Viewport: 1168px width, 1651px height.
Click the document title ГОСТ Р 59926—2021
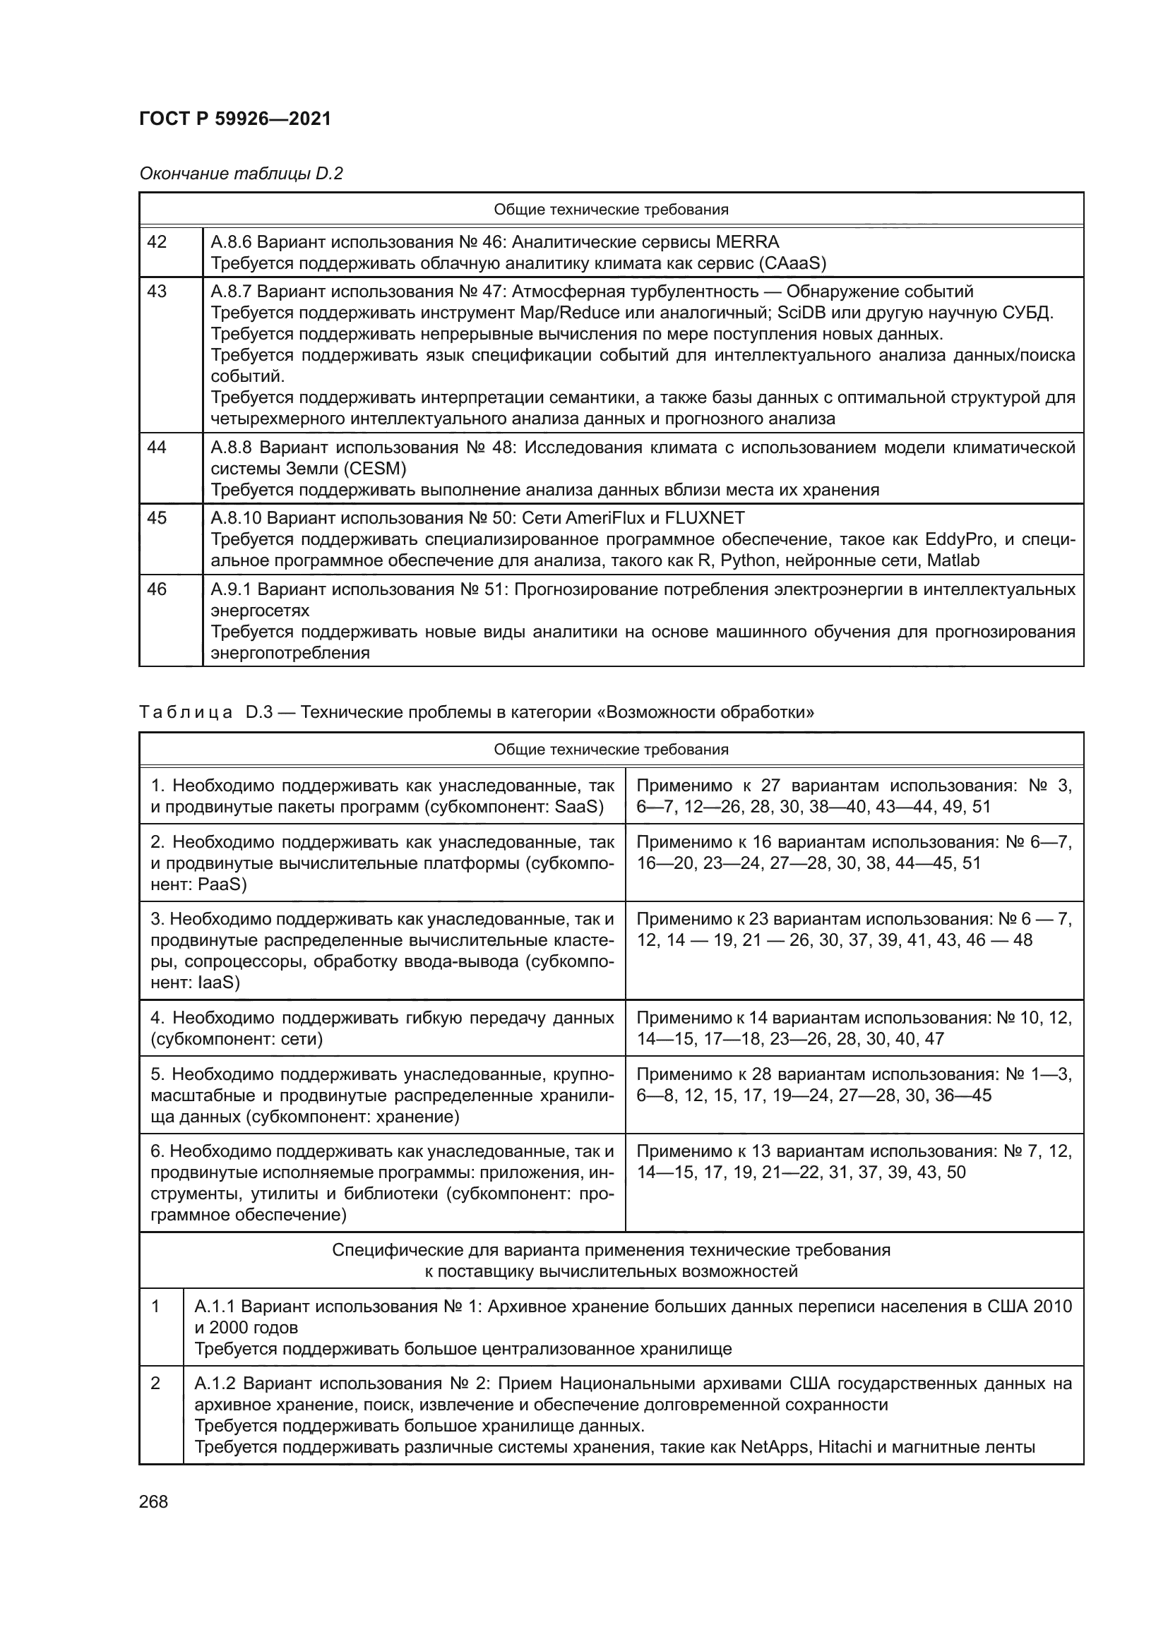235,119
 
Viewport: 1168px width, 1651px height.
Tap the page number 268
153,1501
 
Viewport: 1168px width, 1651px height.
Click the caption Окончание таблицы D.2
241,174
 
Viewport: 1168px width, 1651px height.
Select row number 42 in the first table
157,242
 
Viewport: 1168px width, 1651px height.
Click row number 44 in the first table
157,448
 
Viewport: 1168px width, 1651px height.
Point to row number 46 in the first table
157,589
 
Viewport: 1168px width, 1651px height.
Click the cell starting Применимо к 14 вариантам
854,1028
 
